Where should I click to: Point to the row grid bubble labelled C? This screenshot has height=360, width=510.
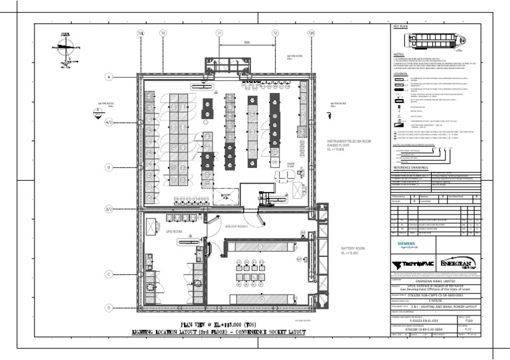coord(108,273)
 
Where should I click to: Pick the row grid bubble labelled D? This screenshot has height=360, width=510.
coord(108,308)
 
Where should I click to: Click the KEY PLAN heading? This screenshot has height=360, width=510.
coord(400,25)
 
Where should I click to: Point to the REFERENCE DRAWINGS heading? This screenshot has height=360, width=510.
coord(414,168)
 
